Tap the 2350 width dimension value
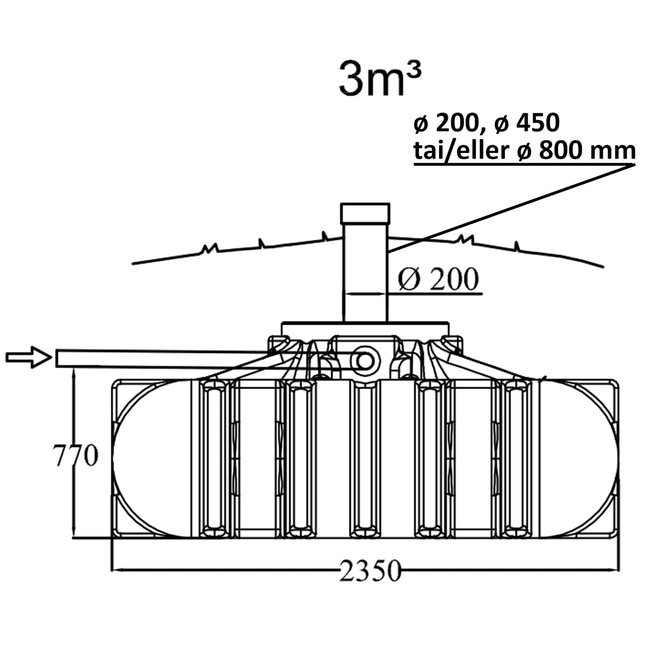tap(370, 571)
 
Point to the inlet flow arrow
tap(28, 357)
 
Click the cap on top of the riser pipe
tap(365, 213)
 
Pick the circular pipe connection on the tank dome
tap(364, 361)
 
